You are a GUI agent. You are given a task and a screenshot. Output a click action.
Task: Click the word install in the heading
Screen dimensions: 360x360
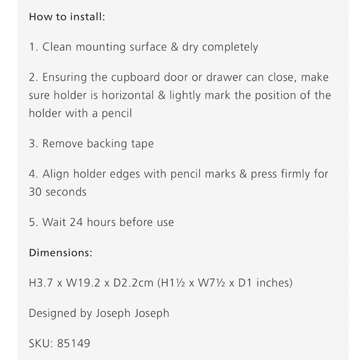pyautogui.click(x=88, y=17)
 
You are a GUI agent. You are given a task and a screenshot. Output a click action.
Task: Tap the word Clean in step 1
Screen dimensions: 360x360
pyautogui.click(x=56, y=47)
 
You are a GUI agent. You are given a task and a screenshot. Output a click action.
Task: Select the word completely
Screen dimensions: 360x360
pyautogui.click(x=230, y=48)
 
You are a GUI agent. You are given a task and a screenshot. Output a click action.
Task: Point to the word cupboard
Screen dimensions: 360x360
pyautogui.click(x=135, y=78)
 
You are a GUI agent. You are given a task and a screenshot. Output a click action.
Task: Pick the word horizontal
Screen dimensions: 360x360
pyautogui.click(x=128, y=96)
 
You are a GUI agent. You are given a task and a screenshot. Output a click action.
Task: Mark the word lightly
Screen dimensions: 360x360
pyautogui.click(x=185, y=96)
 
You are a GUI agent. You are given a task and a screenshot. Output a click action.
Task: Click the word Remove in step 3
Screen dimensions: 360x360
pyautogui.click(x=63, y=144)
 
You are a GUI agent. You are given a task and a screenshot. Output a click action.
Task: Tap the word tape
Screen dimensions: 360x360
pyautogui.click(x=142, y=145)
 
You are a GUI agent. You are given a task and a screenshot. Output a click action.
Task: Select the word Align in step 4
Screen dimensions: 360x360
pyautogui.click(x=56, y=174)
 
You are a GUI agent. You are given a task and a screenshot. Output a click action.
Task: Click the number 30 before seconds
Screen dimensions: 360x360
pyautogui.click(x=35, y=192)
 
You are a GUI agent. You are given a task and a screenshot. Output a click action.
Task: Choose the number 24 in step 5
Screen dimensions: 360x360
pyautogui.click(x=76, y=222)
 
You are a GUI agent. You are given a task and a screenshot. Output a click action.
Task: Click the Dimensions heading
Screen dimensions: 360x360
pyautogui.click(x=61, y=253)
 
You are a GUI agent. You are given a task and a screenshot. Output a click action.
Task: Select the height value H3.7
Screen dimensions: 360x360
pyautogui.click(x=41, y=283)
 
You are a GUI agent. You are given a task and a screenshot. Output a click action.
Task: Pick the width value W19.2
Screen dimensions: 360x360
pyautogui.click(x=83, y=283)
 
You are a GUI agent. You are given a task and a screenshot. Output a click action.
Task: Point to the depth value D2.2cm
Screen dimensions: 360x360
pyautogui.click(x=133, y=283)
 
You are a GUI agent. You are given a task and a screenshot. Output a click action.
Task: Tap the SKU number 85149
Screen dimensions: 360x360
pyautogui.click(x=73, y=343)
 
